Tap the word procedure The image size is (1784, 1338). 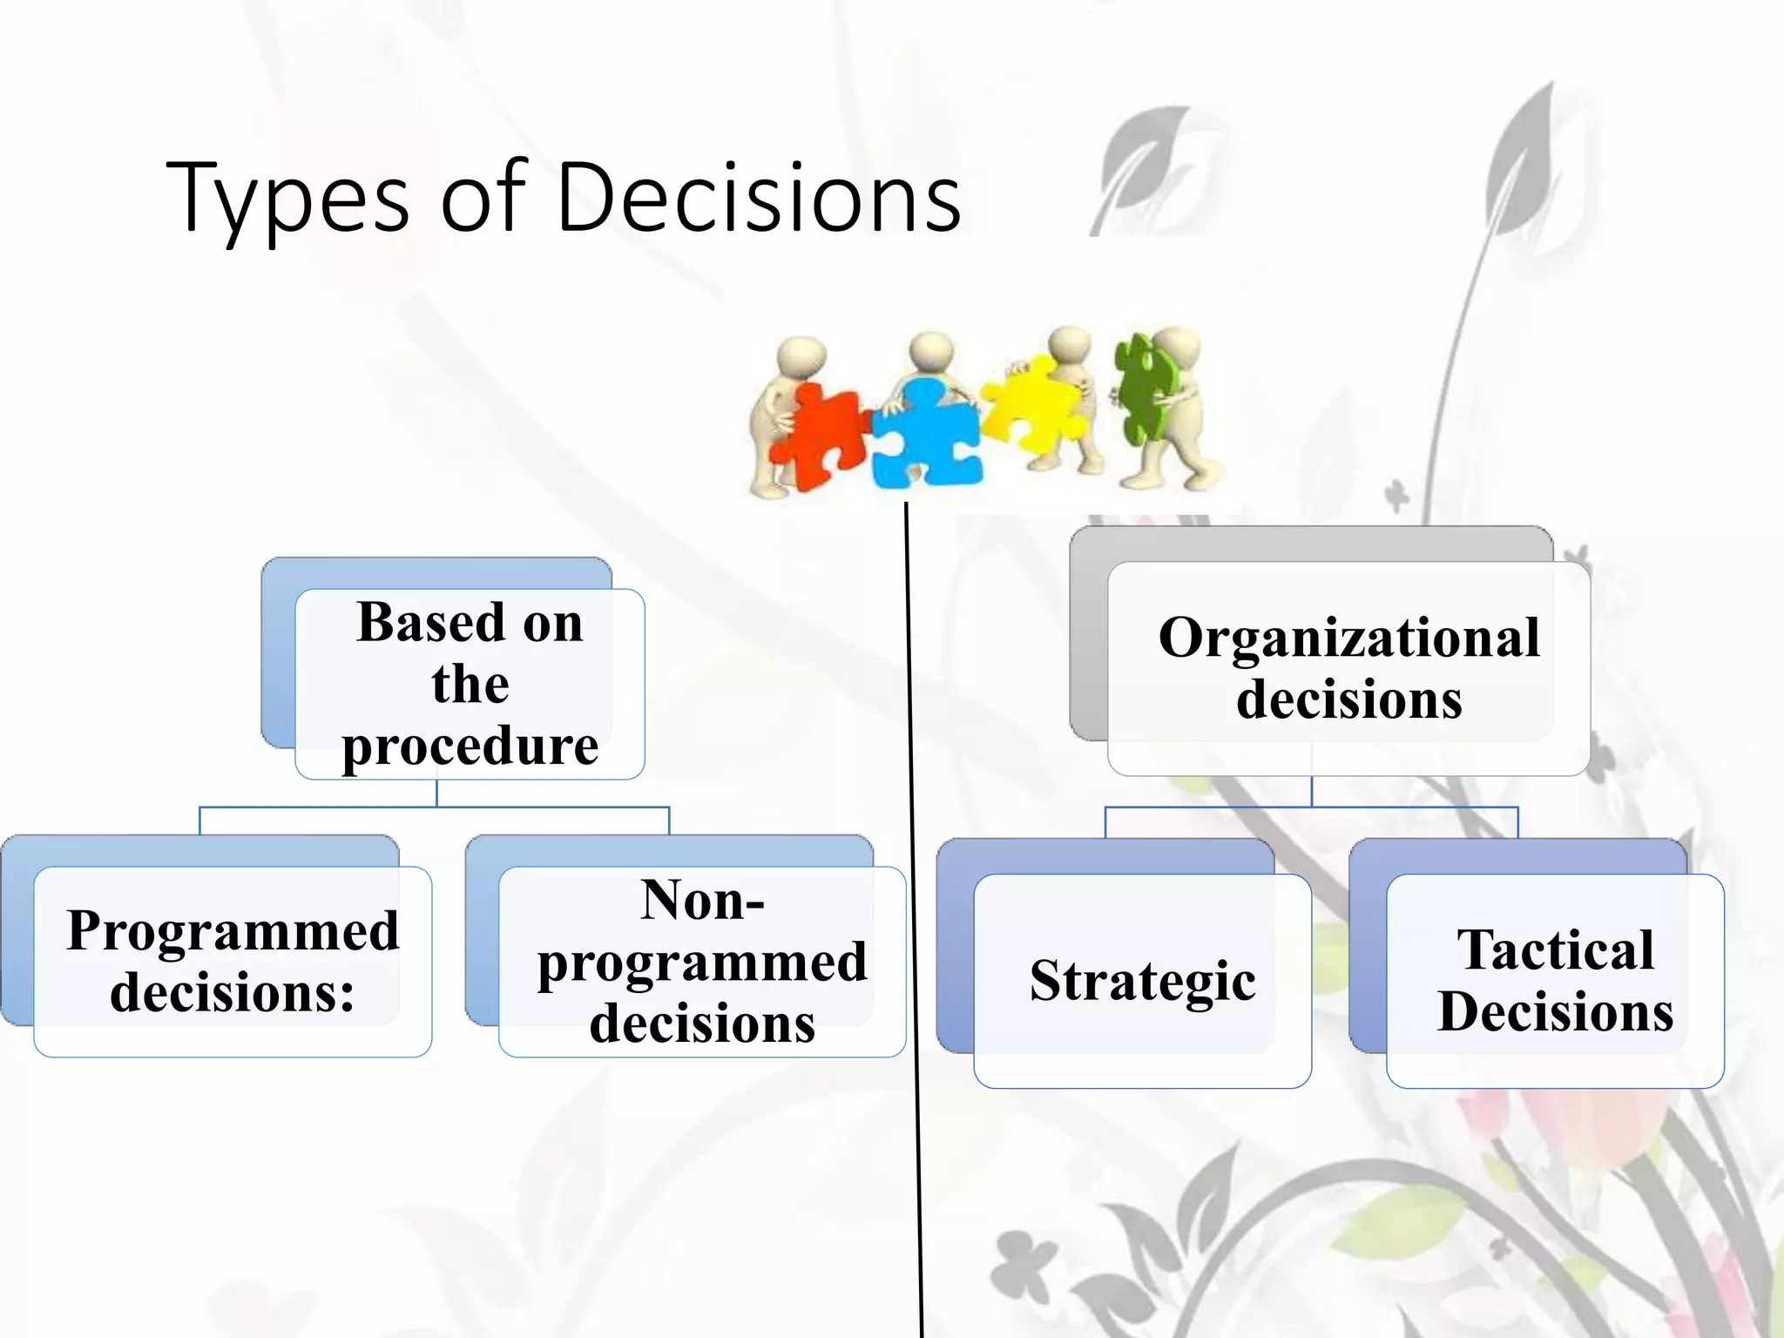(470, 747)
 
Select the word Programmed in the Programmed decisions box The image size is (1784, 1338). (233, 930)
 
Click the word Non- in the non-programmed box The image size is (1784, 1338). (702, 900)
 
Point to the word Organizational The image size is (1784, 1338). (1348, 638)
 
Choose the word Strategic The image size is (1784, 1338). (1142, 981)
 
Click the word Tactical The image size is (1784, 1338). (1555, 949)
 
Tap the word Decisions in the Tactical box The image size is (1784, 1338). (1555, 1011)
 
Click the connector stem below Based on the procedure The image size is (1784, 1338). (436, 794)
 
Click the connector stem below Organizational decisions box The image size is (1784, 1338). (1312, 791)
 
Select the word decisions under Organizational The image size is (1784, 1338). (1348, 699)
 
